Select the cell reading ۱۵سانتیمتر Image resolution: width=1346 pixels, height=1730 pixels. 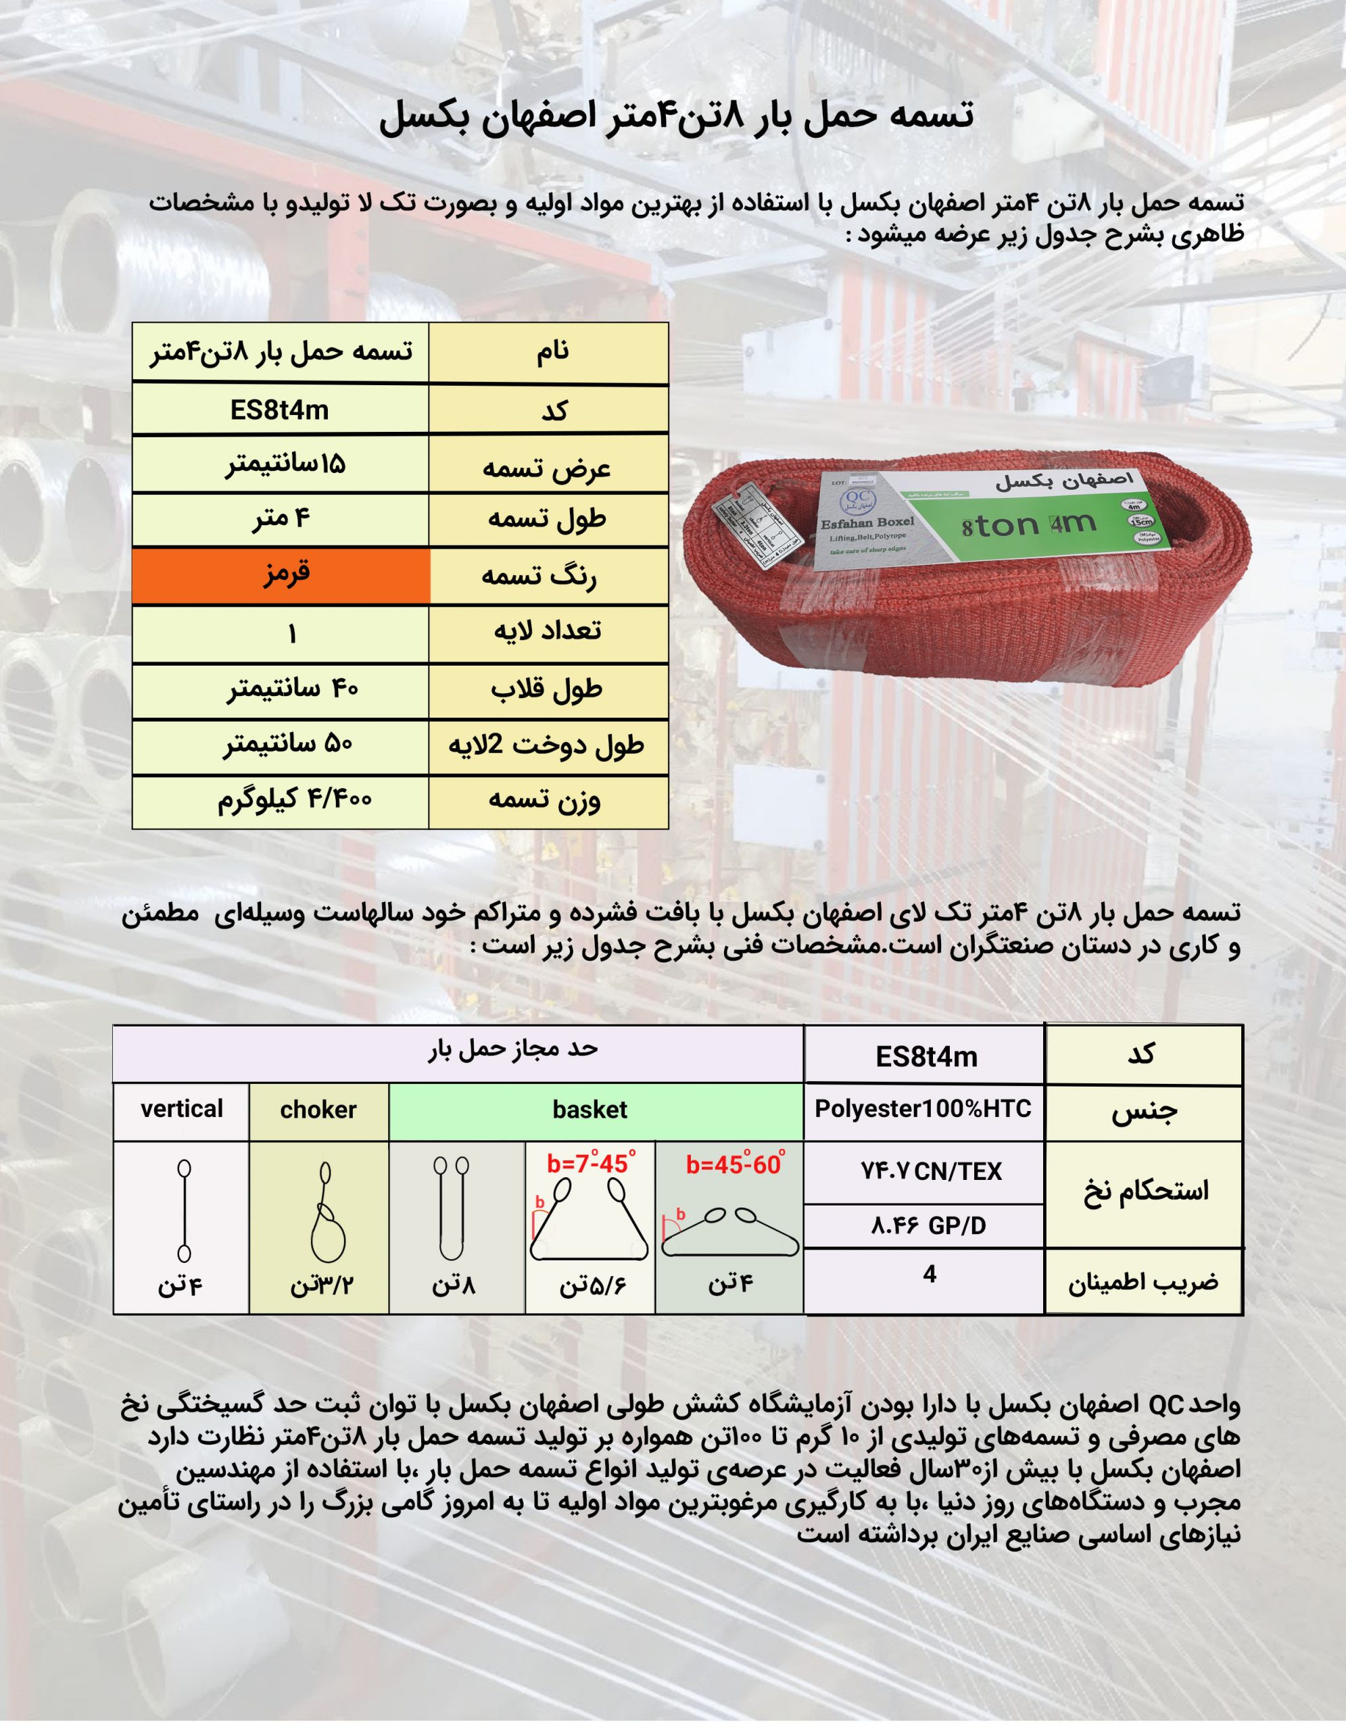(285, 464)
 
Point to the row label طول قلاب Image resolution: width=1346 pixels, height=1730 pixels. (547, 690)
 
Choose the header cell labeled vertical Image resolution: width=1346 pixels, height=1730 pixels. (181, 1109)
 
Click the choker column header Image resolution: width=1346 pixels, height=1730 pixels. (318, 1110)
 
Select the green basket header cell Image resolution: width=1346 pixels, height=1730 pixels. (590, 1110)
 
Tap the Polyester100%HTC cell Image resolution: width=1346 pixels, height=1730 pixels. (923, 1109)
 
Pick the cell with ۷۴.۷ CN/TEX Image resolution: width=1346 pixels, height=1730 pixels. (931, 1172)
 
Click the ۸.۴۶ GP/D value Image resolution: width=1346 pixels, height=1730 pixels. (928, 1227)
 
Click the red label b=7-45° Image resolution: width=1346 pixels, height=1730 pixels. (590, 1164)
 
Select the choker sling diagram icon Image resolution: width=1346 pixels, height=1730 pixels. (326, 1212)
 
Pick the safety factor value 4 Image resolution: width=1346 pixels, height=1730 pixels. (930, 1275)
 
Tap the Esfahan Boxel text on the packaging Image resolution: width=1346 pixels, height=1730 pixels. (867, 523)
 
